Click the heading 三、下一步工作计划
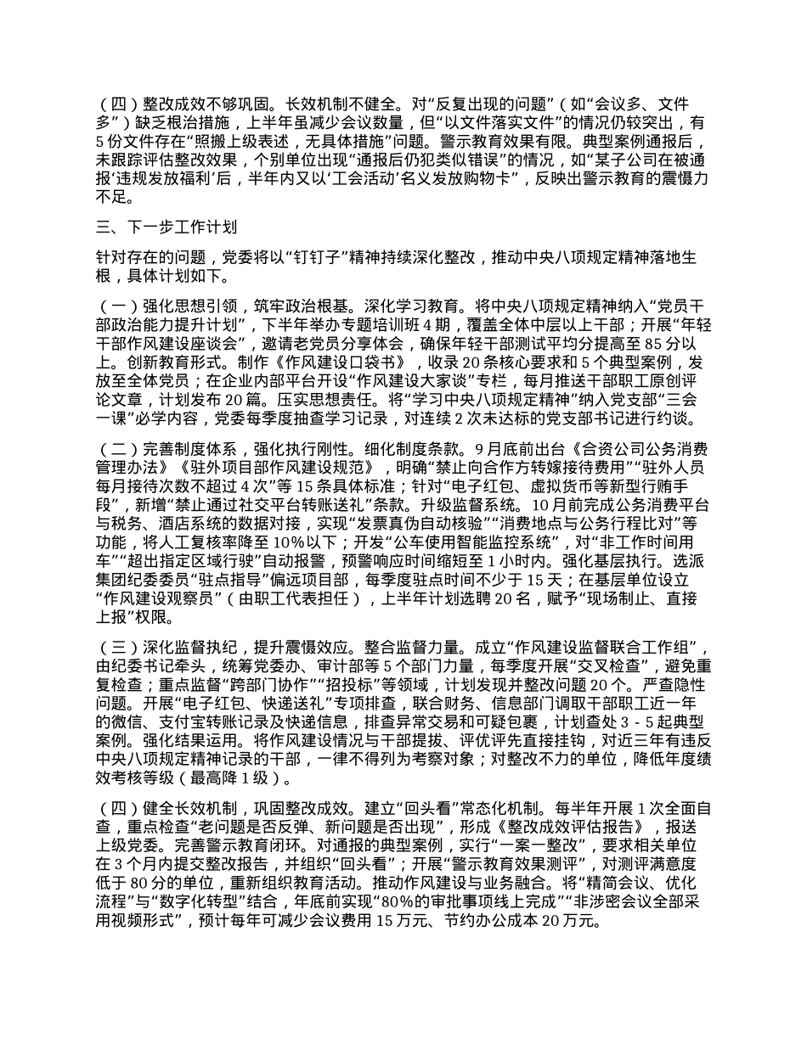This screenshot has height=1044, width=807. [x=166, y=227]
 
